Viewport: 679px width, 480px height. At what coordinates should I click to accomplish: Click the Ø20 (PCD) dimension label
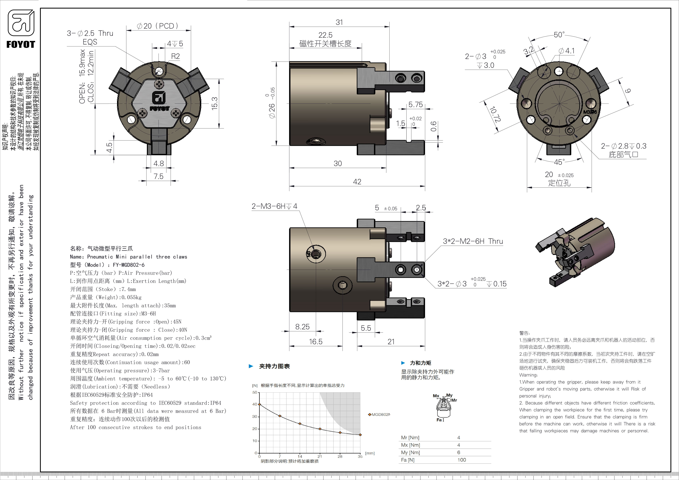[158, 26]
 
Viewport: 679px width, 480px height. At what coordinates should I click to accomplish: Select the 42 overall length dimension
[357, 182]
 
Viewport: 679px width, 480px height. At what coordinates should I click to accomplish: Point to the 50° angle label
[559, 35]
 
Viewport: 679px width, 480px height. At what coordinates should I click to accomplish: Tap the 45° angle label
[559, 162]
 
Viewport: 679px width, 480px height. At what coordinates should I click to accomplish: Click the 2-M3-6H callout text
[274, 206]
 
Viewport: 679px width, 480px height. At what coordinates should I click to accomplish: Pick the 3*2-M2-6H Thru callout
[473, 241]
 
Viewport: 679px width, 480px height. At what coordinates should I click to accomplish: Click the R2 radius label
[175, 56]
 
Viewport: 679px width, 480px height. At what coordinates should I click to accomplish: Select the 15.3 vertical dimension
[214, 103]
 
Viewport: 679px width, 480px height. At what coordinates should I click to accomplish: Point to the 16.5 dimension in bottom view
[315, 342]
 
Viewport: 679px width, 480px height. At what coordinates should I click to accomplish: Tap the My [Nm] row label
[410, 452]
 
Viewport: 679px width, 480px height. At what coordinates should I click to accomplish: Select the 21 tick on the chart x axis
[320, 456]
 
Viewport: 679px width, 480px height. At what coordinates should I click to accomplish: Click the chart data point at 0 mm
[259, 404]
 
